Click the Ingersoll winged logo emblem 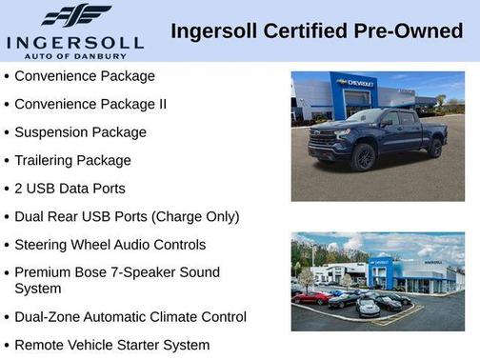pyautogui.click(x=75, y=14)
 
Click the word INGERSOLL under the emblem pyautogui.click(x=74, y=43)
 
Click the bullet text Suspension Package pyautogui.click(x=81, y=132)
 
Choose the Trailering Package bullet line pyautogui.click(x=73, y=161)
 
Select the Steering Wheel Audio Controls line pyautogui.click(x=110, y=245)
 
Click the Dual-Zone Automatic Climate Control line pyautogui.click(x=130, y=316)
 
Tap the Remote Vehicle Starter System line pyautogui.click(x=112, y=345)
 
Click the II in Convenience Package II pyautogui.click(x=161, y=104)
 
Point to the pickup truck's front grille pyautogui.click(x=322, y=144)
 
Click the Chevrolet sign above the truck pyautogui.click(x=358, y=84)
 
